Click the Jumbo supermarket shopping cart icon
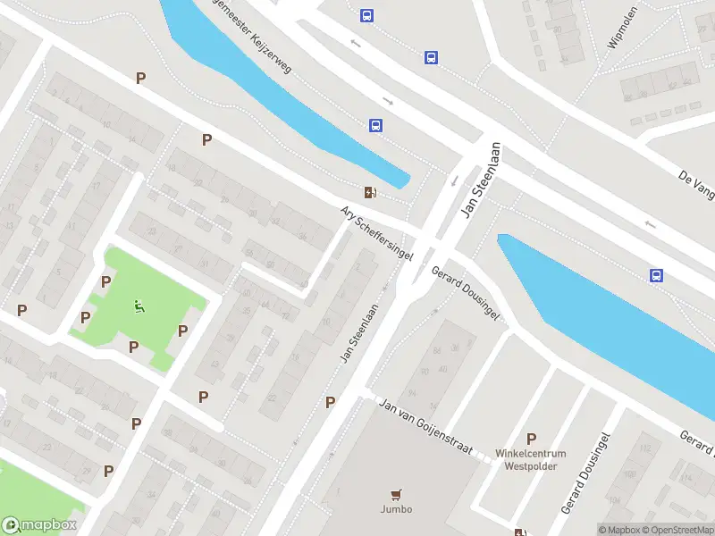396,492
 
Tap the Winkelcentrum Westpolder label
531,459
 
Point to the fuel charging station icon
369,192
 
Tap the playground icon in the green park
139,307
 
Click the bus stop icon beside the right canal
656,275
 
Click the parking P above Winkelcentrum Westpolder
531,439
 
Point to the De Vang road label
694,186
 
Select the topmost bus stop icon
366,15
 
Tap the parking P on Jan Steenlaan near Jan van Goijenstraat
330,403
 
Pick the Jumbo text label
396,509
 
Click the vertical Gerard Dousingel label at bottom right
585,473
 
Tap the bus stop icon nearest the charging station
375,125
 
